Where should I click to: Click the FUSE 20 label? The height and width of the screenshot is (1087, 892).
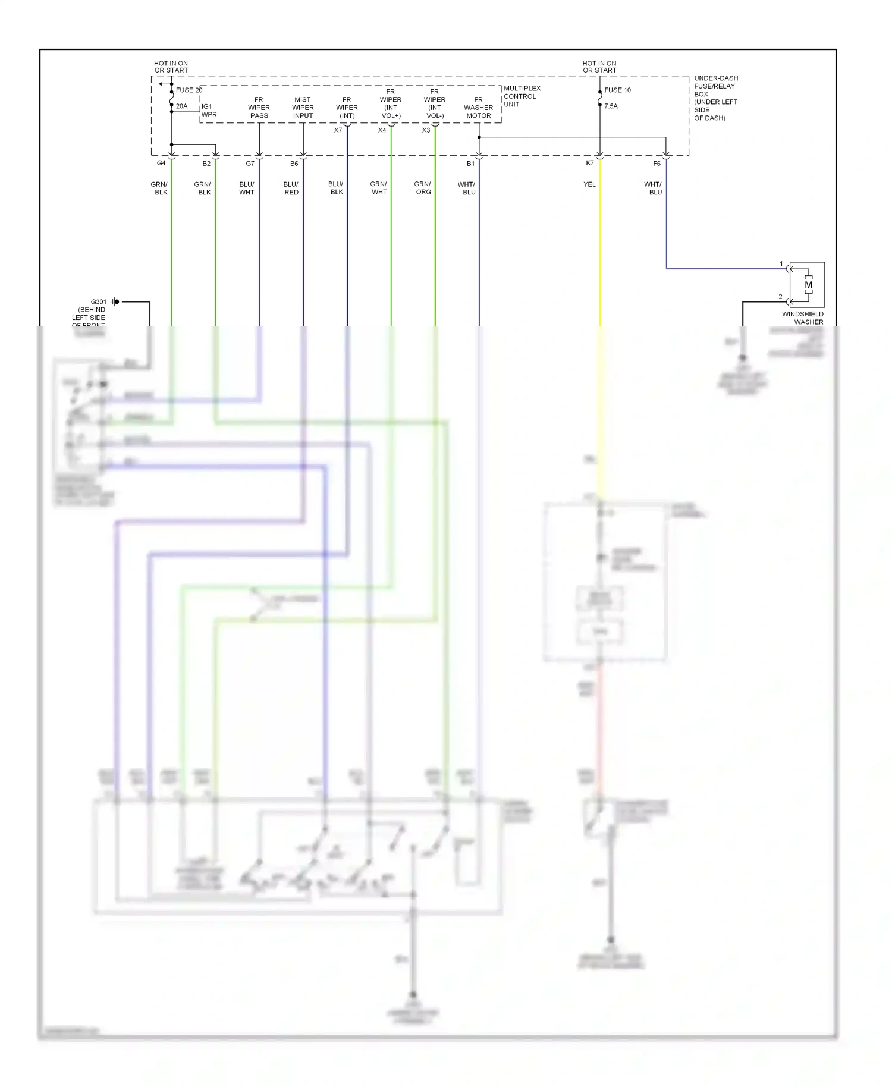pyautogui.click(x=189, y=90)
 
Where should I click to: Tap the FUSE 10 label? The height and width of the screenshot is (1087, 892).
pyautogui.click(x=617, y=90)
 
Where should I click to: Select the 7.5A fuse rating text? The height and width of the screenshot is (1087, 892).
pyautogui.click(x=611, y=106)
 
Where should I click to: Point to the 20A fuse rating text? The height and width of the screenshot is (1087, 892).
pyautogui.click(x=181, y=106)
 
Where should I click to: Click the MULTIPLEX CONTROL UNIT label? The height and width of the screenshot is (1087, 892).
pyautogui.click(x=522, y=96)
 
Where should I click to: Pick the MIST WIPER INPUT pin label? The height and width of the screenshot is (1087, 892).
pyautogui.click(x=303, y=108)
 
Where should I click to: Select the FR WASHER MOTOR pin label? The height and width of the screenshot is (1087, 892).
pyautogui.click(x=478, y=108)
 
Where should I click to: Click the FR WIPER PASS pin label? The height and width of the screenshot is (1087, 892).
pyautogui.click(x=259, y=108)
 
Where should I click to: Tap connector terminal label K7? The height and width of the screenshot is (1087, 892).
pyautogui.click(x=589, y=163)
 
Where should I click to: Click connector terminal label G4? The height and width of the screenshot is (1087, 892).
pyautogui.click(x=161, y=163)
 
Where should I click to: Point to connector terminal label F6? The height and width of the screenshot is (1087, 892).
pyautogui.click(x=657, y=164)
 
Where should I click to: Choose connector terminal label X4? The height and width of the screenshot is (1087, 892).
pyautogui.click(x=382, y=130)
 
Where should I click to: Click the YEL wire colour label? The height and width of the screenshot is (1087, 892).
pyautogui.click(x=589, y=184)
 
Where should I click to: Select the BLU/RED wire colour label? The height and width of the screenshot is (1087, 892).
pyautogui.click(x=291, y=188)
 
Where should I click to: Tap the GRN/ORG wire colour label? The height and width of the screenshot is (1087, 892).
pyautogui.click(x=423, y=188)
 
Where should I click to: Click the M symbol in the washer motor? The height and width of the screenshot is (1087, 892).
pyautogui.click(x=808, y=285)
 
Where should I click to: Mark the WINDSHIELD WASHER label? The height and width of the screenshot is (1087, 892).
pyautogui.click(x=803, y=318)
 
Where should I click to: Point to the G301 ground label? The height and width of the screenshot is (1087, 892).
pyautogui.click(x=98, y=302)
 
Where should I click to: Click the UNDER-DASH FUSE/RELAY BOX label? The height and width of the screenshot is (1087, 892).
pyautogui.click(x=715, y=98)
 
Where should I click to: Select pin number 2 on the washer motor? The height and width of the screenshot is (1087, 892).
pyautogui.click(x=781, y=297)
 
